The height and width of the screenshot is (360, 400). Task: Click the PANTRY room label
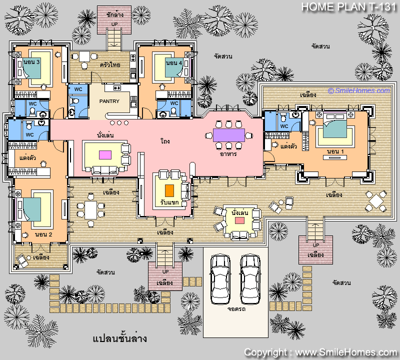[x=109, y=101]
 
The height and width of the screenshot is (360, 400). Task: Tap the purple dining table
[x=229, y=135]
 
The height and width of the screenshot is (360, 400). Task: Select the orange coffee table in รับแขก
[x=169, y=191]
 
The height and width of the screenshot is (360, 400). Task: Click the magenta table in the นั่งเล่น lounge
[x=105, y=155]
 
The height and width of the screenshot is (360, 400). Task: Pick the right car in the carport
[x=250, y=279]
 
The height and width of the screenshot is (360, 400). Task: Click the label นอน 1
[x=335, y=151]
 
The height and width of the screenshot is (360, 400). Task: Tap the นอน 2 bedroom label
[x=43, y=234]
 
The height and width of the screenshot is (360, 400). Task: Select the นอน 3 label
[x=31, y=62]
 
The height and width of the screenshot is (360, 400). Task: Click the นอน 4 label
[x=174, y=62]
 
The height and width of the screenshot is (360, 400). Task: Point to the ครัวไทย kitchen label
[x=110, y=65]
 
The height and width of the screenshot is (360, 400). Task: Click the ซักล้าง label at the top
[x=115, y=15]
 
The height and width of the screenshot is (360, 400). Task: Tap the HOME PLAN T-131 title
[x=348, y=7]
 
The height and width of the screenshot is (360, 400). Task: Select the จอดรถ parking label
[x=236, y=309]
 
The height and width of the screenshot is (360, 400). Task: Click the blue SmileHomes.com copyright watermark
[x=359, y=90]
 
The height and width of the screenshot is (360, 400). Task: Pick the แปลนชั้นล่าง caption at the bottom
[x=119, y=338]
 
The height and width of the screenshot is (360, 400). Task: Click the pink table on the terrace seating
[x=239, y=220]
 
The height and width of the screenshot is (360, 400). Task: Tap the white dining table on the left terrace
[x=91, y=210]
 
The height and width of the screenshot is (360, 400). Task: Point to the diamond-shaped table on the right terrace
[x=376, y=201]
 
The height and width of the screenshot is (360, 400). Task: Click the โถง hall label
[x=165, y=141]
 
